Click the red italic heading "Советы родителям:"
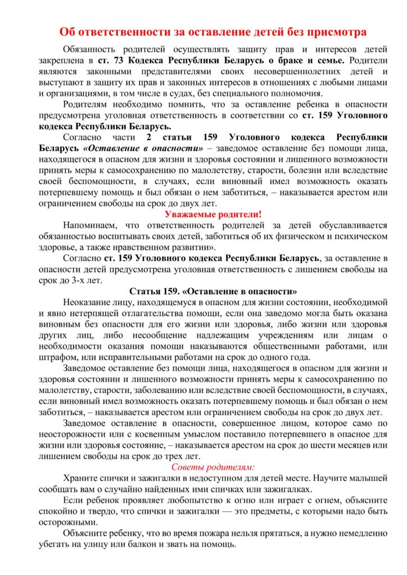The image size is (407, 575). pos(213,467)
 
